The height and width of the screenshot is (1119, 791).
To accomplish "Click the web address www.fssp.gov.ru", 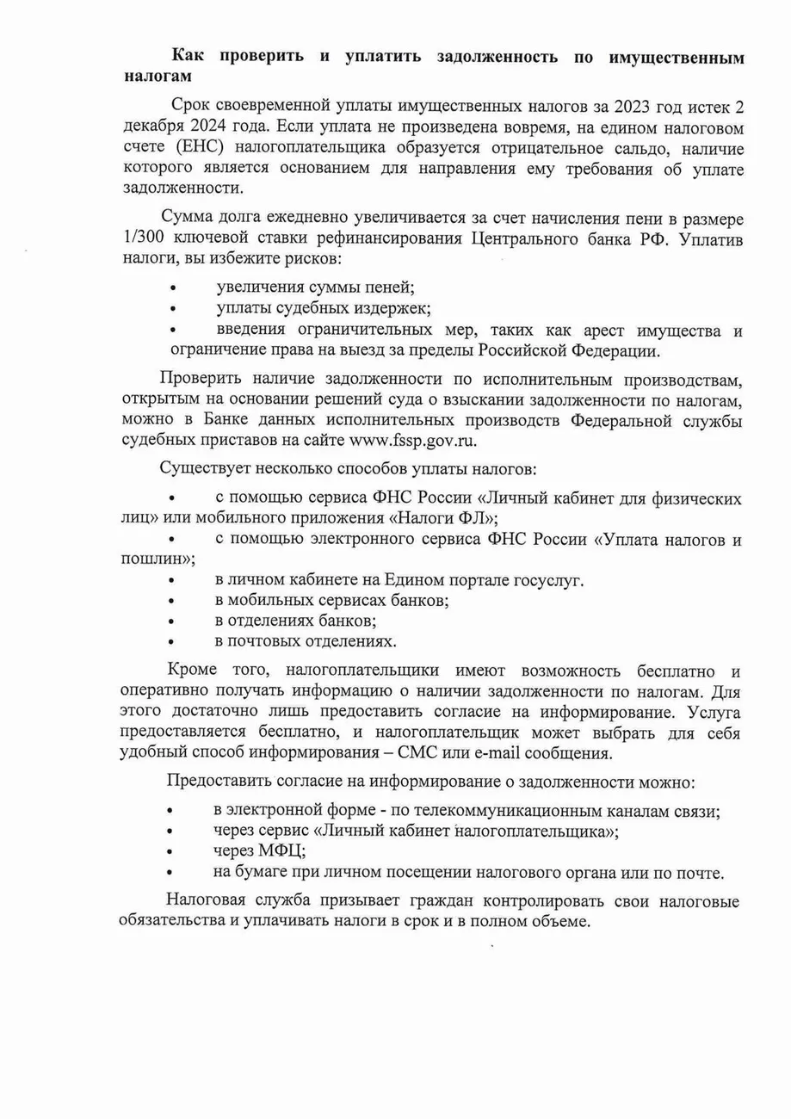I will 411,440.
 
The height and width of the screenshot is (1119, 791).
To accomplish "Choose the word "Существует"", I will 198,469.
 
